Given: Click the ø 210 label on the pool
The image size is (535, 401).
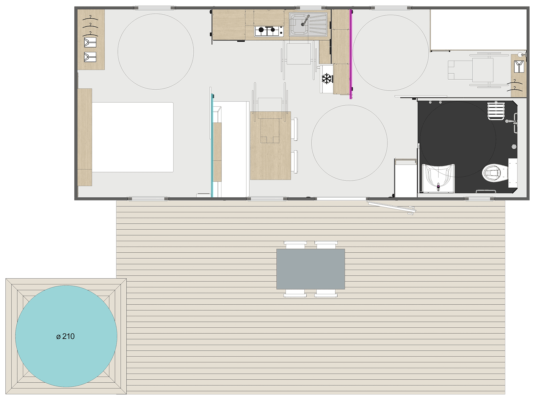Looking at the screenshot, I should click(65, 336).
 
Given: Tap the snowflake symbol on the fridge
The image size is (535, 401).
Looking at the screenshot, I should click(327, 78).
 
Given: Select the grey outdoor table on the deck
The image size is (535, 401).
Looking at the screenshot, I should click(310, 269).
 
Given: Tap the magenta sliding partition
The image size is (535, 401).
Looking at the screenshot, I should click(351, 54).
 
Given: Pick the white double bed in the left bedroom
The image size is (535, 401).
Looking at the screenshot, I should click(133, 137).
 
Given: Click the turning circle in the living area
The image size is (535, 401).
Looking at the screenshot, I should click(349, 143).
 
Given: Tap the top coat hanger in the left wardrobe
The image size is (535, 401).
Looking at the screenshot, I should click(90, 18).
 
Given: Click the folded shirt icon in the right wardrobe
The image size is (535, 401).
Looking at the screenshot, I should click(519, 66).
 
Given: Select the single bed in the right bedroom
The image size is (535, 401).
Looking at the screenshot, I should click(478, 30).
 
